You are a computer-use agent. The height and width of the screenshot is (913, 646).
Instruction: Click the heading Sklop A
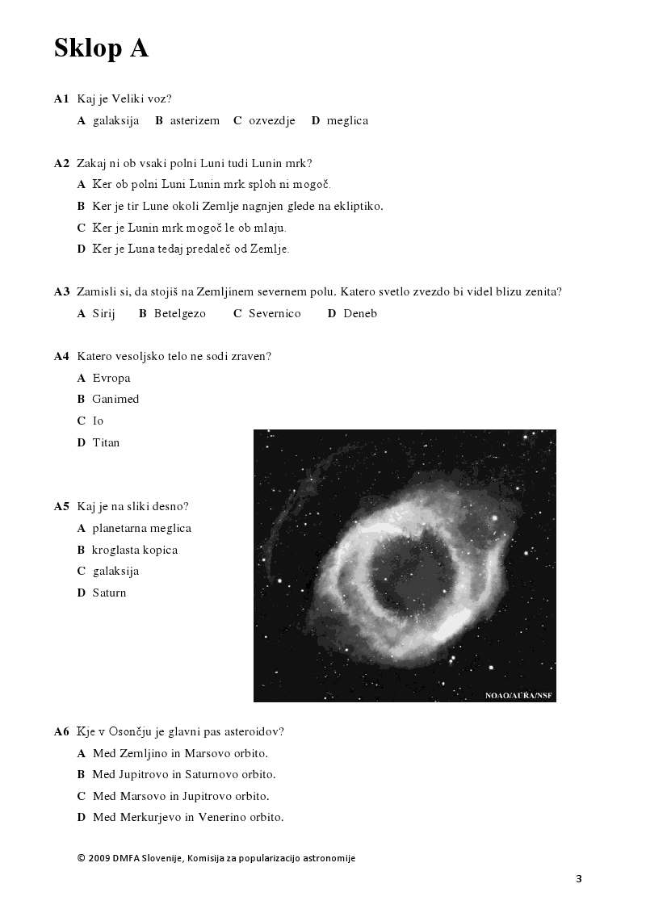pos(101,48)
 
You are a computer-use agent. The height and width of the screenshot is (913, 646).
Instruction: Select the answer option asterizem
pos(195,120)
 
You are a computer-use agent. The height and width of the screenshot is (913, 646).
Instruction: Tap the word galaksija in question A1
pos(115,120)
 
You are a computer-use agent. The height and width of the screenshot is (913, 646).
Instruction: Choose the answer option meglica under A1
pos(347,120)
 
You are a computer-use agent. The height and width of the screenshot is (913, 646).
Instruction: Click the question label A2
pos(62,163)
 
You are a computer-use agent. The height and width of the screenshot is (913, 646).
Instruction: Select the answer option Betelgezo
pos(180,313)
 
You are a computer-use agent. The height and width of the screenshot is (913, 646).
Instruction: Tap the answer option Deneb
pos(360,313)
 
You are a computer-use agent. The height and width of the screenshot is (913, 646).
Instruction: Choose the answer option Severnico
pos(275,313)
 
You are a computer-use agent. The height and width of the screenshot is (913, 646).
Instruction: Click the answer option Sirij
pos(104,313)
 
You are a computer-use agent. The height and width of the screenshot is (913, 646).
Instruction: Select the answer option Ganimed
pos(115,399)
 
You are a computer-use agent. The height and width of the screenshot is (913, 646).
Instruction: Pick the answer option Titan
pos(106,442)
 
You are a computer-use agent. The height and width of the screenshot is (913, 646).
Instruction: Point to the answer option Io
pos(98,421)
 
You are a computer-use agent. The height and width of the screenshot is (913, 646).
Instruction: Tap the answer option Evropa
pos(111,378)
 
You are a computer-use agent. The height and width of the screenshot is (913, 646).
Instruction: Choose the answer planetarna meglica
pos(141,528)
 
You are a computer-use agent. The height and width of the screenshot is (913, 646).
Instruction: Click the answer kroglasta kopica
pos(135,550)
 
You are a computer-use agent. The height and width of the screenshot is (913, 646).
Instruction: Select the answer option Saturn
pos(109,593)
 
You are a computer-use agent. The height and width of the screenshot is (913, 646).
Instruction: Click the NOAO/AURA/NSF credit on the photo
pos(519,695)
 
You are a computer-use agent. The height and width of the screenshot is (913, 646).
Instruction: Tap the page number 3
pos(579,879)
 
